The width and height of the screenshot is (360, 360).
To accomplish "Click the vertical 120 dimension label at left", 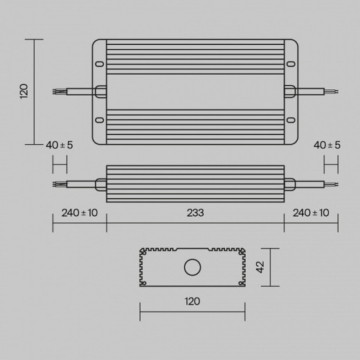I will [24, 91].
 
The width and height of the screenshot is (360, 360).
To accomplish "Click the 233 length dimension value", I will [195, 213].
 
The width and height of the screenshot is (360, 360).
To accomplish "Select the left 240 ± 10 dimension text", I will [80, 213].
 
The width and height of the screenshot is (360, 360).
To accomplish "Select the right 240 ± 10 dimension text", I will [312, 213].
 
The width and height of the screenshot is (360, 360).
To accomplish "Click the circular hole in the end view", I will [192, 267].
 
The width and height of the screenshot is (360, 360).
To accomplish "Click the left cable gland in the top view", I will [100, 91].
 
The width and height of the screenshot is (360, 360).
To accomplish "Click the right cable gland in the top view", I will [289, 91].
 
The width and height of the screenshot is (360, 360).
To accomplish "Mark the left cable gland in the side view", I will [101, 184].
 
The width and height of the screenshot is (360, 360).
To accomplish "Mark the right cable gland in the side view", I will [289, 184].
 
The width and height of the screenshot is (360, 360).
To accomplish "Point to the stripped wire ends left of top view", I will [60, 91].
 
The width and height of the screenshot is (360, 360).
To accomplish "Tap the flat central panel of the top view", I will [195, 91].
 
